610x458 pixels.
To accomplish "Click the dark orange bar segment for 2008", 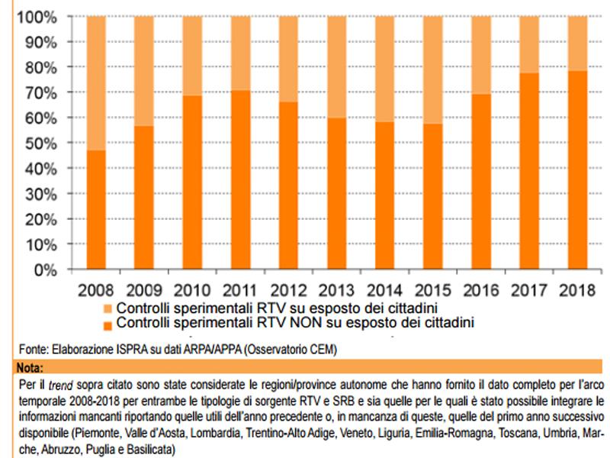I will pos(96,210).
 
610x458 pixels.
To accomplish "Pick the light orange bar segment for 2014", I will pos(385,69).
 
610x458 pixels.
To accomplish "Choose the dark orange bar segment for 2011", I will pos(241,180).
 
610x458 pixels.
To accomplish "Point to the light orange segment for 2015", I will pos(433,69).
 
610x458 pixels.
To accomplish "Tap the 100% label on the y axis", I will pos(36,17).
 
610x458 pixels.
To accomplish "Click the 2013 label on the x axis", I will pos(337,292).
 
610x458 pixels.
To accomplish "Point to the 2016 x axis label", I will pos(481,292).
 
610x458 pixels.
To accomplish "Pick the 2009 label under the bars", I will pos(144,292).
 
